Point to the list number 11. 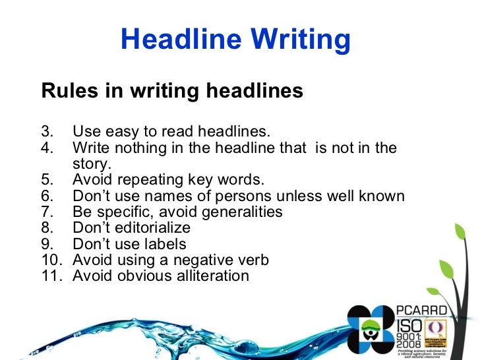[x=51, y=276]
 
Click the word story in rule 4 [x=92, y=164]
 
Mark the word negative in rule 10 [x=198, y=260]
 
